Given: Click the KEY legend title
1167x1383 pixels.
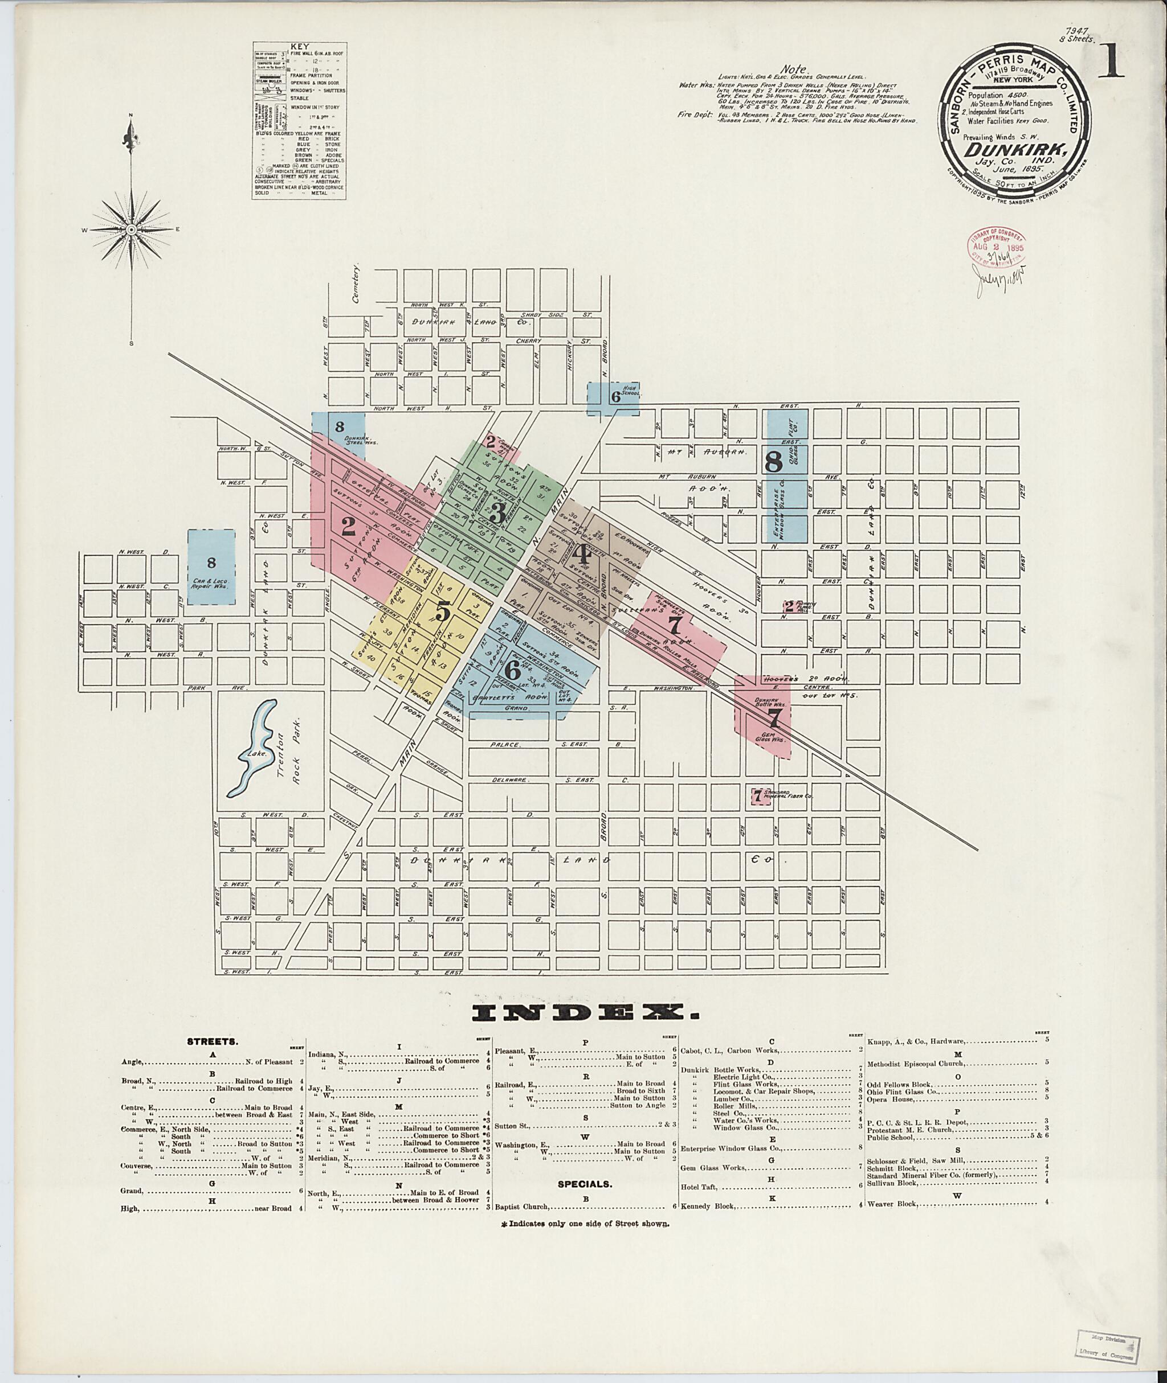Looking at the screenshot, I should click(x=301, y=47).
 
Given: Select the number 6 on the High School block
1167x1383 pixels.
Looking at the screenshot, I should click(x=615, y=397).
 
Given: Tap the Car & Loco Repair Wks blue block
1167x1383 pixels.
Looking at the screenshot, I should click(x=211, y=567).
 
